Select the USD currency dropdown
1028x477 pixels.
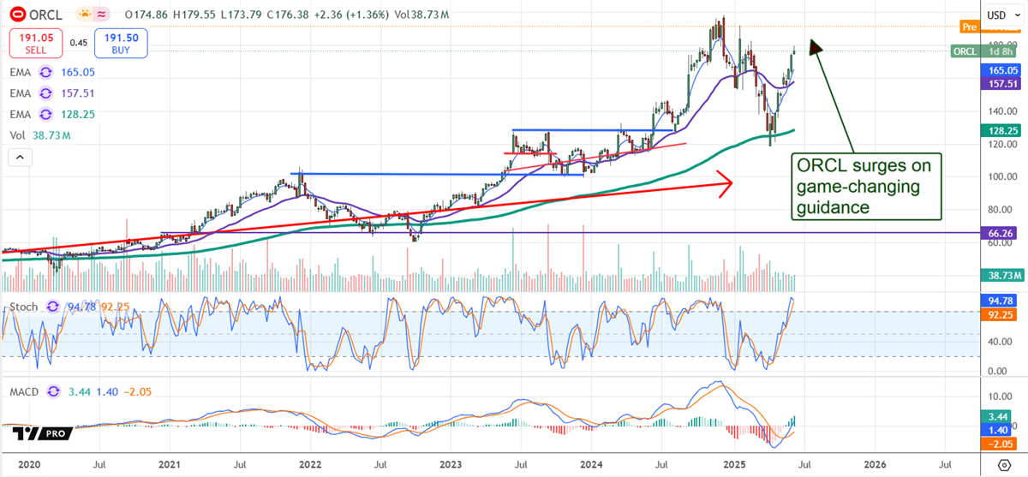coord(996,15)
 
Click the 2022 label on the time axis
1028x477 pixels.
coord(310,464)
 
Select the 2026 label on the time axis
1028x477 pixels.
coord(874,464)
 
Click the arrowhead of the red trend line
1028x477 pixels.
coord(728,181)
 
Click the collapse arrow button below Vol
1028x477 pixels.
coord(19,157)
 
